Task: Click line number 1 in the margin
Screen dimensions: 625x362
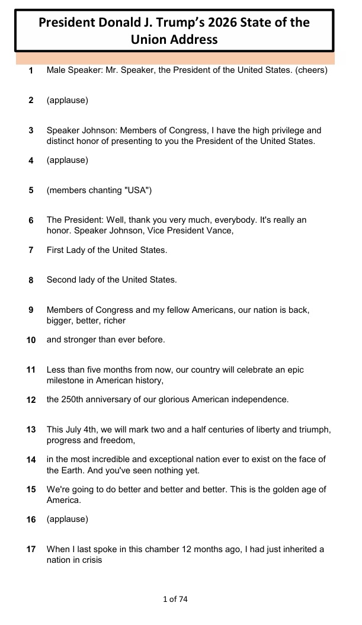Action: pos(31,70)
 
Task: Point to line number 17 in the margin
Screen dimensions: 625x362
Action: pos(31,549)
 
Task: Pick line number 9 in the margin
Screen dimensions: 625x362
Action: pos(31,309)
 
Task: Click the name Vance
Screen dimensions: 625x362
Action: pos(220,231)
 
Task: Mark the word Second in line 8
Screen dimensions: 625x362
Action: pos(61,280)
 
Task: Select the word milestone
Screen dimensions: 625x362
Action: pos(66,381)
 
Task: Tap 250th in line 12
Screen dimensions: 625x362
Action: pos(74,399)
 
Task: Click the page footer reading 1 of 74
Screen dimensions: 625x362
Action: pos(175,600)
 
